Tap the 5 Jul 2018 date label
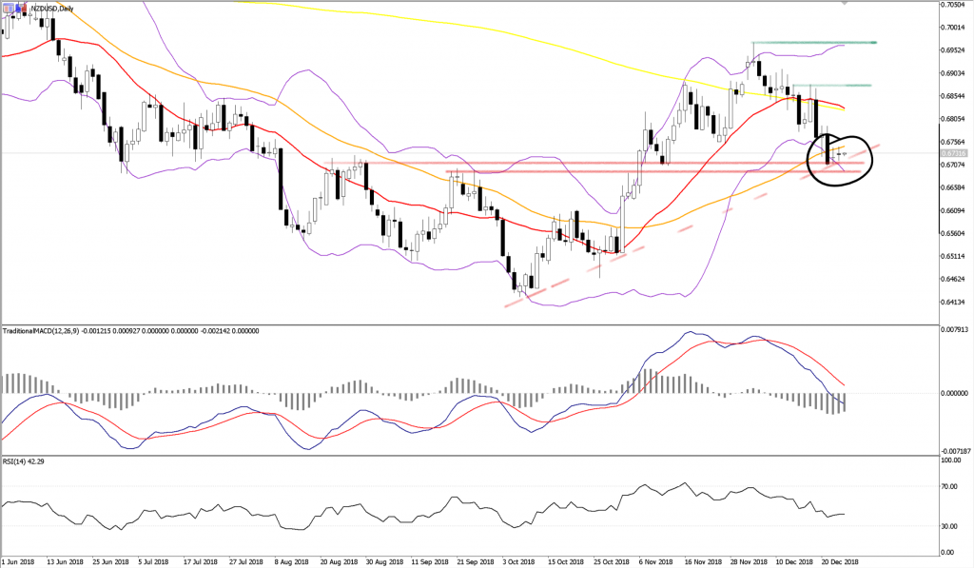(153, 561)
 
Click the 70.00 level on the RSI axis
(947, 486)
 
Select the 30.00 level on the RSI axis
(947, 525)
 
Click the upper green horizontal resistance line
(813, 43)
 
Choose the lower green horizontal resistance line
(832, 86)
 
